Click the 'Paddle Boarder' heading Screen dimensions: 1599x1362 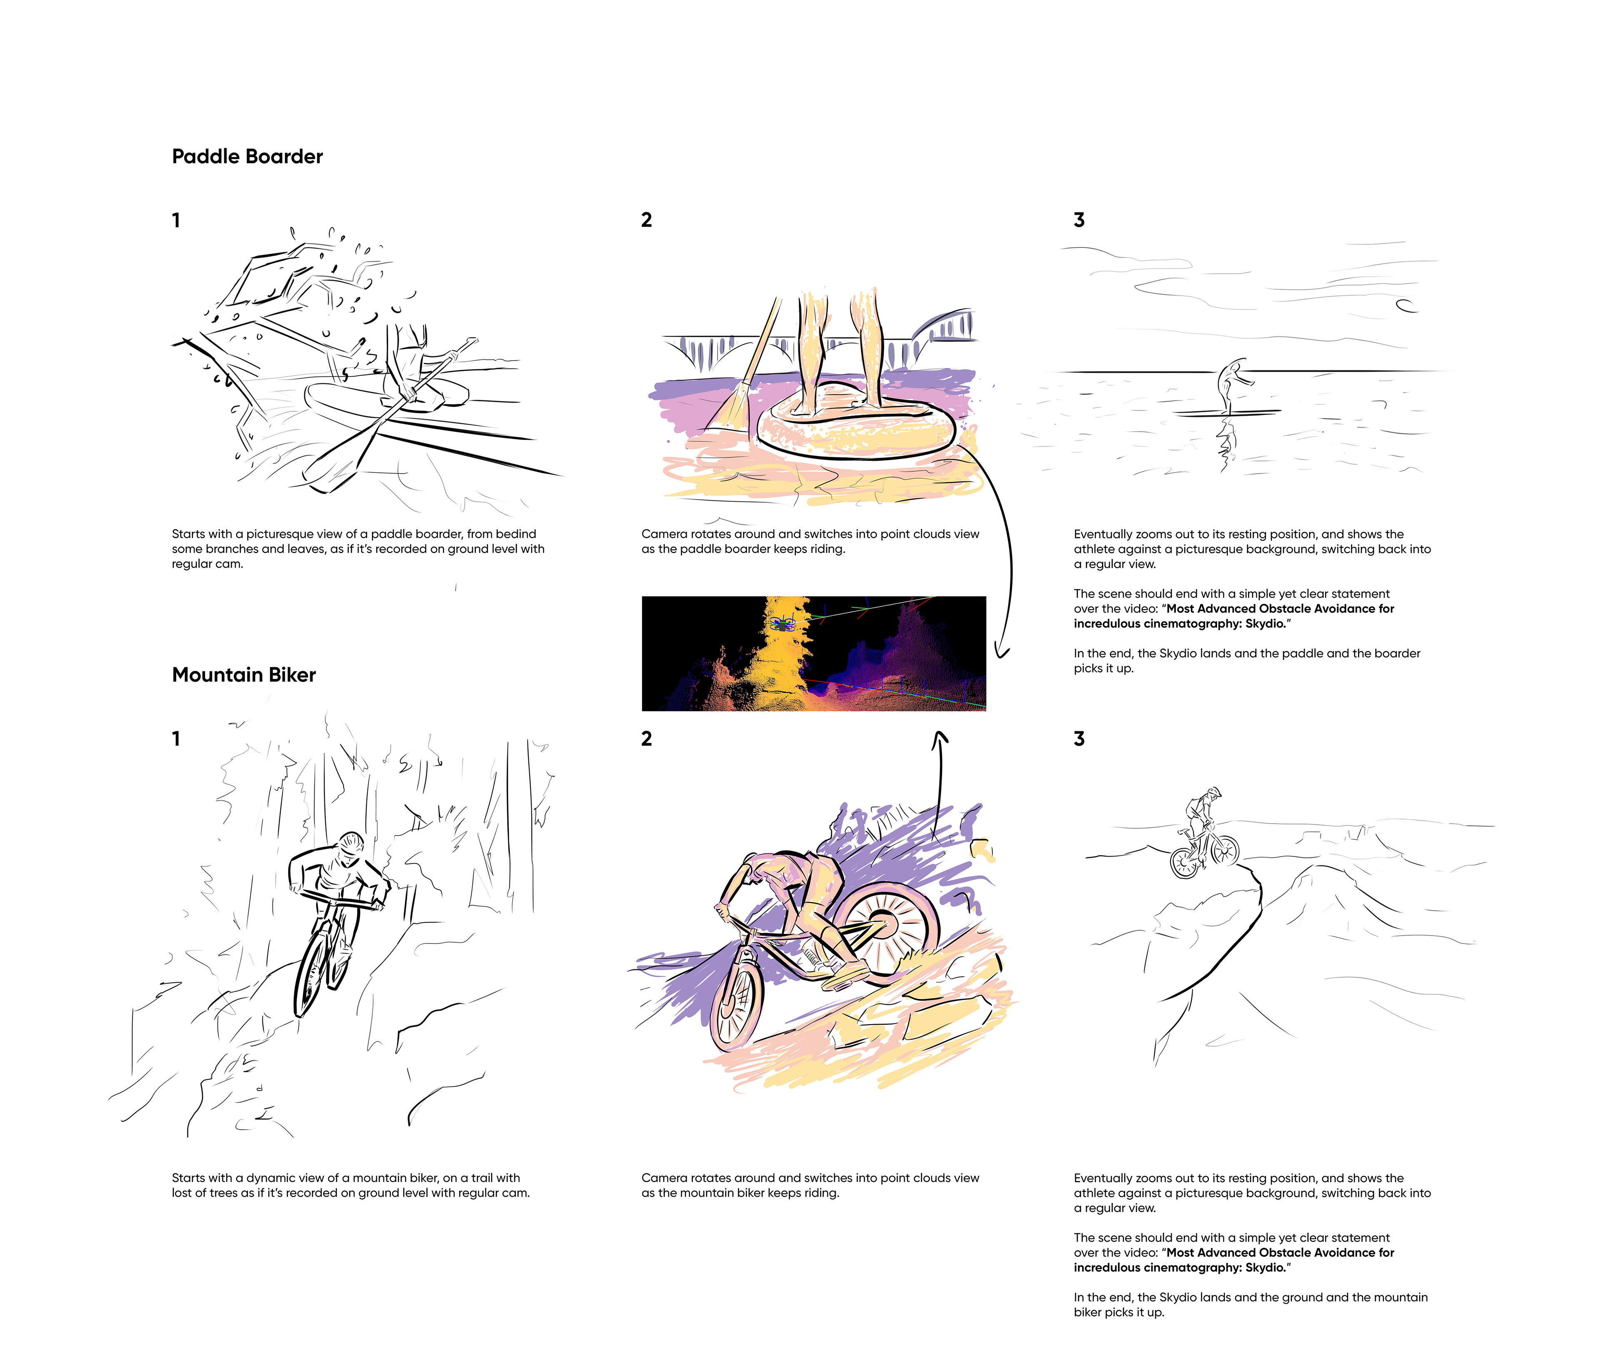tap(247, 157)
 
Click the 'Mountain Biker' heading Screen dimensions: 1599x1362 tap(244, 675)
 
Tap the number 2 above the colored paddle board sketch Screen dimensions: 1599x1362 tap(647, 220)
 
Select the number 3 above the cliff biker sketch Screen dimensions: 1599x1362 tap(1079, 739)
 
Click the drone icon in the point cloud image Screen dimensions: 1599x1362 tap(785, 623)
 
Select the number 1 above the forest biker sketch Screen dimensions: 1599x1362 tap(176, 739)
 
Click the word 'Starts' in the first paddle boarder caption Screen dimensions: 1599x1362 tap(188, 534)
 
